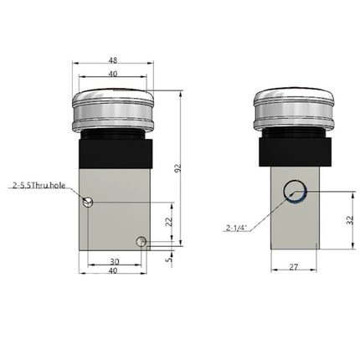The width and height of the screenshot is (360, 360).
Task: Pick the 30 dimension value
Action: pyautogui.click(x=114, y=260)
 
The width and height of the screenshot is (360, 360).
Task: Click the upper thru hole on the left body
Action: pyautogui.click(x=88, y=200)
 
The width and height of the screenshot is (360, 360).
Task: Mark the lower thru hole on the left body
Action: pyautogui.click(x=142, y=243)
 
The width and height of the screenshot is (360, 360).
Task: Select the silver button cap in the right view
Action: pyautogui.click(x=293, y=107)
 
